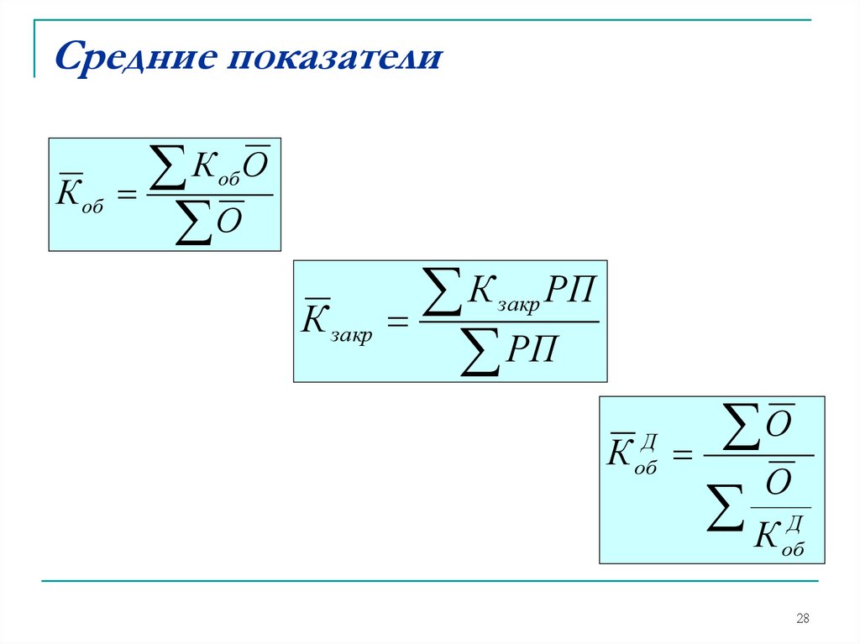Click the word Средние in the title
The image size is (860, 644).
[x=134, y=59]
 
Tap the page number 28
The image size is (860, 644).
[x=802, y=619]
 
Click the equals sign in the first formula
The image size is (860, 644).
[x=126, y=195]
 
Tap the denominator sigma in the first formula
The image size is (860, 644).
[x=193, y=223]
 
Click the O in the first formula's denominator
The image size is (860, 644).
[x=230, y=222]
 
